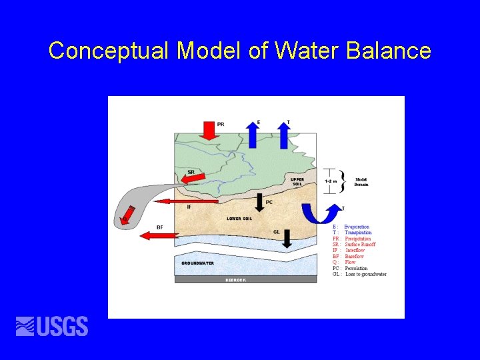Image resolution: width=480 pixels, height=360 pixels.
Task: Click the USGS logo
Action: (x=52, y=326)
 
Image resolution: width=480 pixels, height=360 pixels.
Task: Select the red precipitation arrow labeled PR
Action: (x=209, y=129)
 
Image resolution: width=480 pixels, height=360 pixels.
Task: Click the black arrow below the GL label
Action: (x=287, y=239)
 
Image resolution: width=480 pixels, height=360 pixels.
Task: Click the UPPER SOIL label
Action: (x=297, y=181)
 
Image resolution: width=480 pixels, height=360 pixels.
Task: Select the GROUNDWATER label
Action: (x=197, y=263)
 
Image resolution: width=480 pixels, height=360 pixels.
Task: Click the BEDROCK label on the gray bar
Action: (x=235, y=280)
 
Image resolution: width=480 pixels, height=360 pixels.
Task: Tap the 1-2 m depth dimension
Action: (x=331, y=180)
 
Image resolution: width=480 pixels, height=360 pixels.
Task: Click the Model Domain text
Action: (x=361, y=182)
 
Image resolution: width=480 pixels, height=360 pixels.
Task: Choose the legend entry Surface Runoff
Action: (x=360, y=245)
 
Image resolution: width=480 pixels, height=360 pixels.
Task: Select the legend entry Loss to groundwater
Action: (x=365, y=274)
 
